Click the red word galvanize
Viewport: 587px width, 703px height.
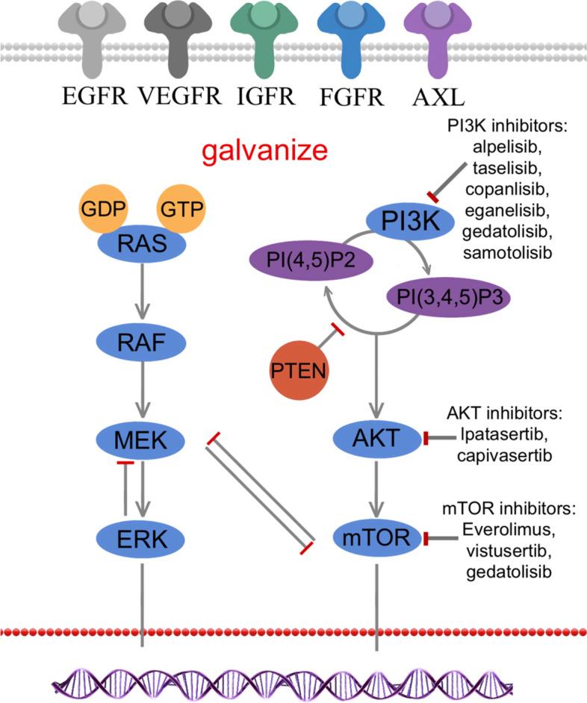point(268,151)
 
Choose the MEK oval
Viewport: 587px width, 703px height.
point(143,440)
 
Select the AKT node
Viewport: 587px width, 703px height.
point(376,440)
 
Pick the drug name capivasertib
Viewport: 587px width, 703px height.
point(506,456)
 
